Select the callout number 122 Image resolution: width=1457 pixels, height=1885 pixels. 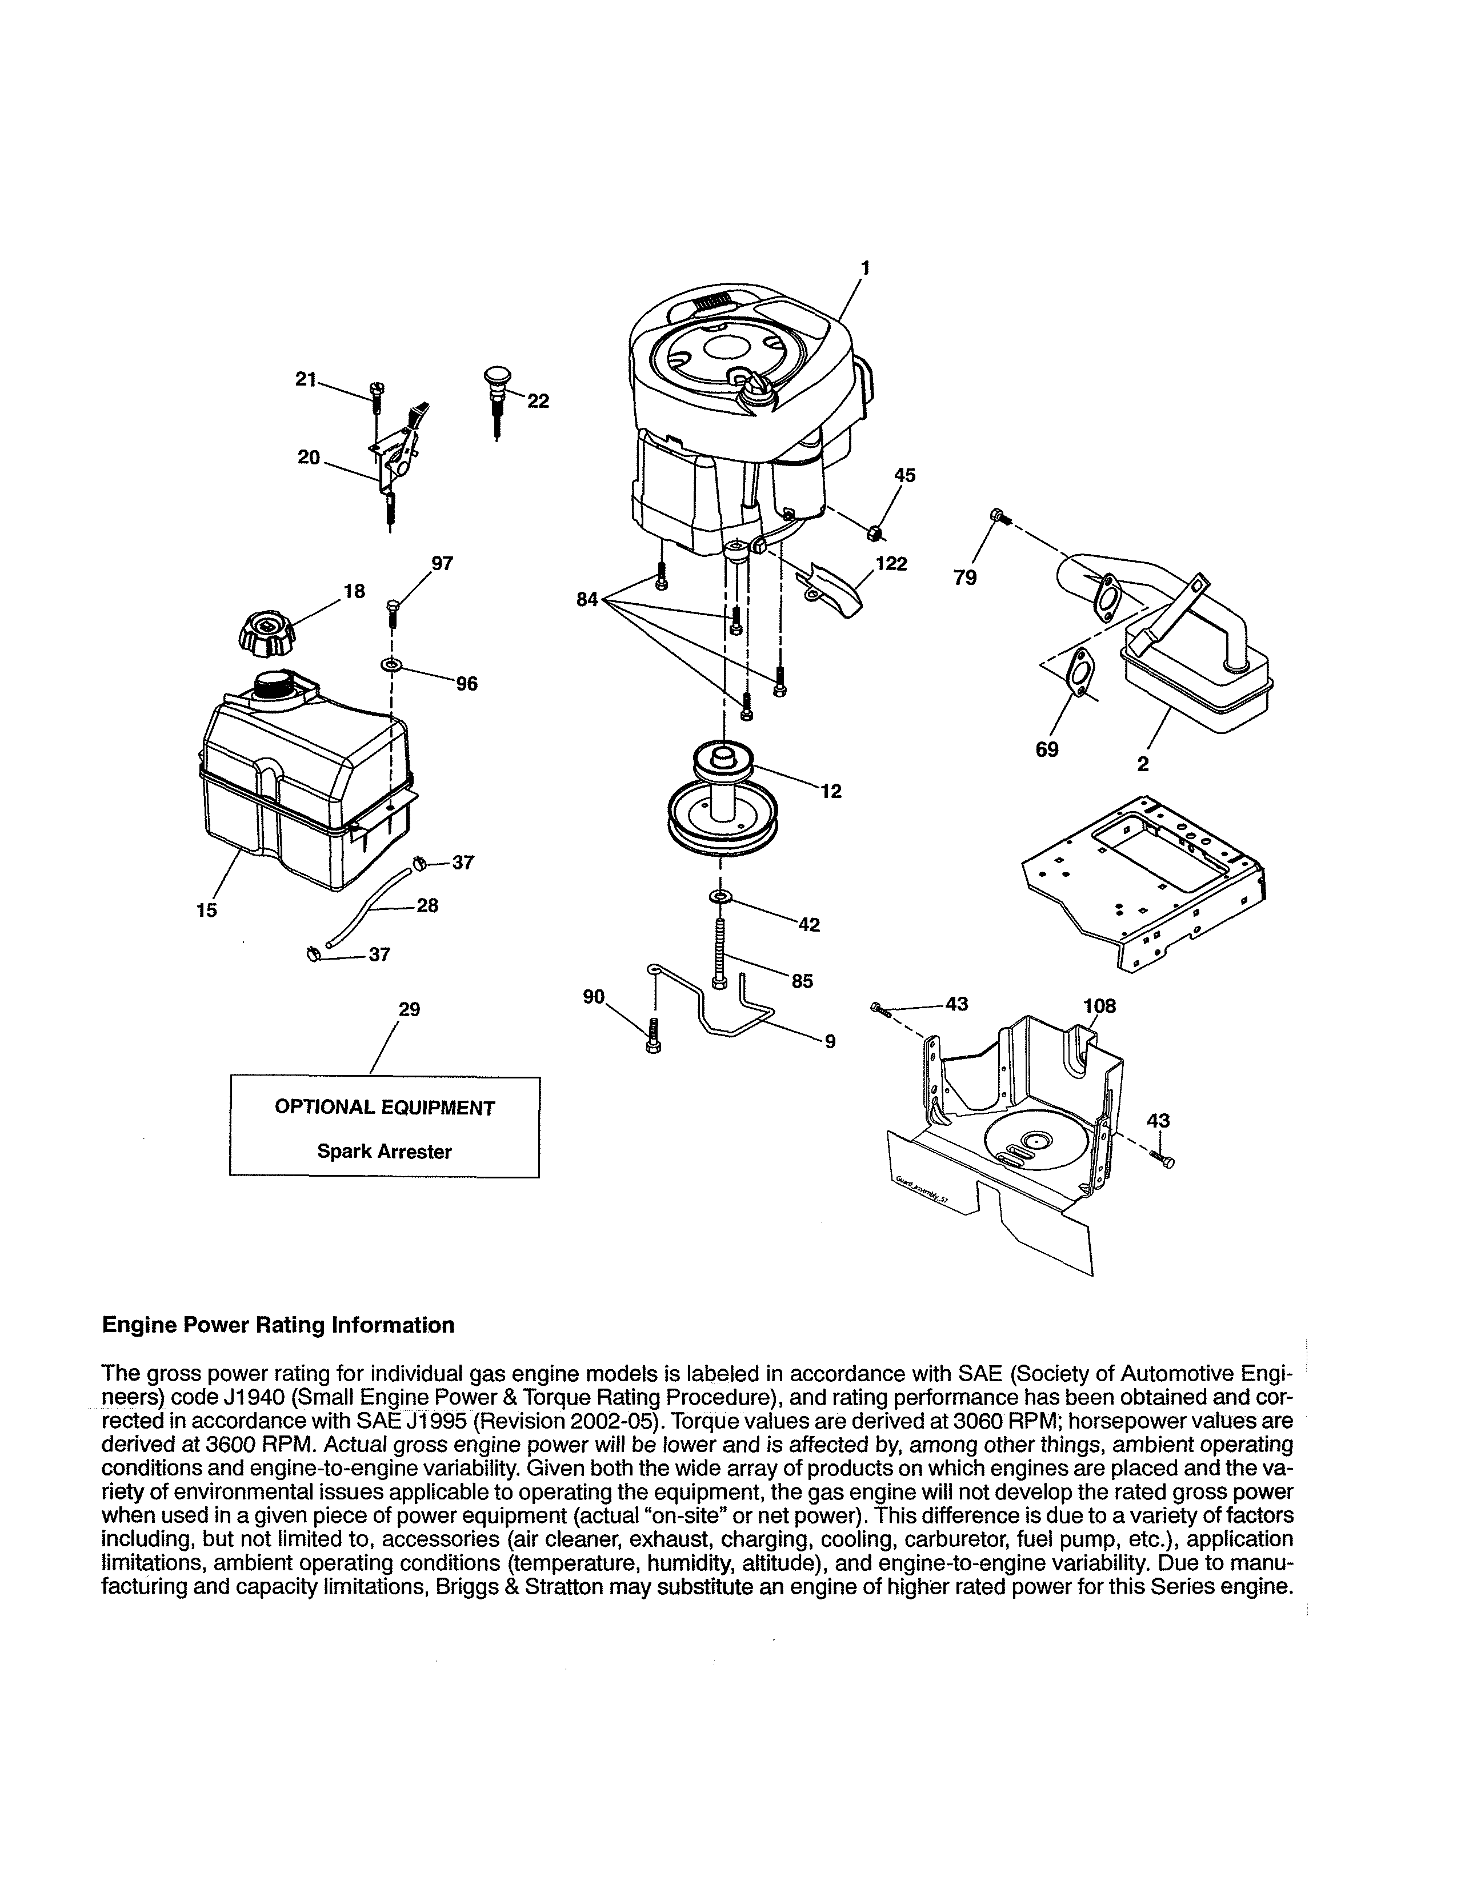(x=891, y=564)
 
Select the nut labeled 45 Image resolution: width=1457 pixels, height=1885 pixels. (x=874, y=532)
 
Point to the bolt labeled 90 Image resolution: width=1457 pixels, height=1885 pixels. (x=654, y=1034)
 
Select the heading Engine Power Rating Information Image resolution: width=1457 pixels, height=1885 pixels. (x=278, y=1325)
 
